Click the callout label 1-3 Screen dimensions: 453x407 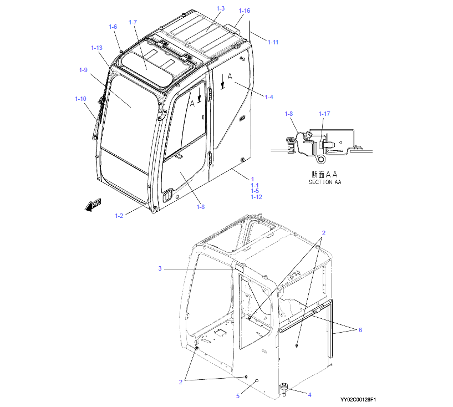[221, 8]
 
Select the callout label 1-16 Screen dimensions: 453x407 [244, 11]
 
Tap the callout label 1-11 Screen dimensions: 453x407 [273, 42]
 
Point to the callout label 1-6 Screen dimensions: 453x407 [113, 27]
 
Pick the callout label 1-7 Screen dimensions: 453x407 [133, 22]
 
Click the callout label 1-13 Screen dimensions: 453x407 [96, 48]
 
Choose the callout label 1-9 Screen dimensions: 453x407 [83, 70]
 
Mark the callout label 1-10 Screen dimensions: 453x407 [80, 99]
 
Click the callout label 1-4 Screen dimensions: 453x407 [269, 97]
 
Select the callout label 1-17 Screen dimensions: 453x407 [324, 114]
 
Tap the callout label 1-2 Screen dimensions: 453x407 [119, 216]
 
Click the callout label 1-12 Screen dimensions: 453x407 [256, 197]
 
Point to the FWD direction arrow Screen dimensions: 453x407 [93, 205]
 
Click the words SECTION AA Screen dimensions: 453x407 [325, 182]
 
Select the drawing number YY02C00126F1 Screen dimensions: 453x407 [358, 400]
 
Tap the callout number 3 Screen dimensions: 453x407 [160, 268]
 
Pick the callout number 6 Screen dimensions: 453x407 [360, 330]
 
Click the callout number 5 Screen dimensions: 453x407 [238, 396]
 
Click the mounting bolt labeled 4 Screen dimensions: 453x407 [284, 389]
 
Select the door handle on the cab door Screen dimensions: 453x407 [167, 196]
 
